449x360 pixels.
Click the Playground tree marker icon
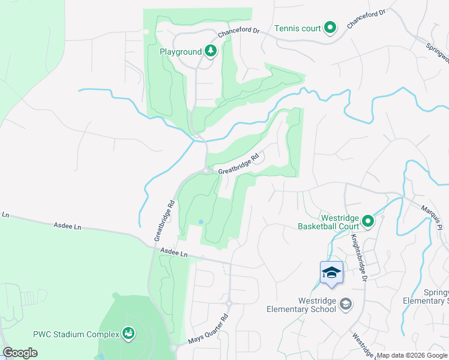click(210, 51)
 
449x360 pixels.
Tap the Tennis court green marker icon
click(330, 28)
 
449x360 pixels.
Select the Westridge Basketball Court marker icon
click(367, 222)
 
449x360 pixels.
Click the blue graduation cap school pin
click(331, 273)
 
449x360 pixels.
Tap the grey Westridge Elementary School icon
click(345, 305)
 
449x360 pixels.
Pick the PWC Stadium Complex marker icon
click(128, 332)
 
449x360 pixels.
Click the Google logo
click(20, 353)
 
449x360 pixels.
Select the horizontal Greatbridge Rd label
click(242, 166)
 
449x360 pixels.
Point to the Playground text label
click(180, 52)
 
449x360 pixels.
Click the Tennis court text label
click(298, 28)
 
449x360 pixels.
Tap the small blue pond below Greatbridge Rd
click(200, 222)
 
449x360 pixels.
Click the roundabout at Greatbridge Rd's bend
click(206, 171)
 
